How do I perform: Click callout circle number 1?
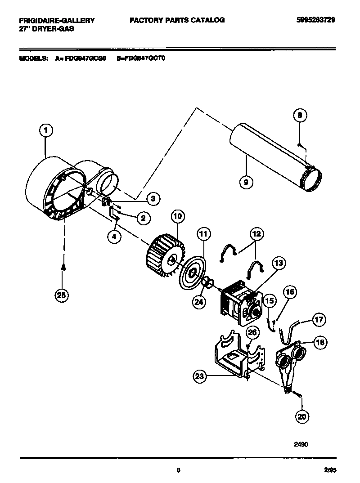45,131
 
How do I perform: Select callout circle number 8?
300,116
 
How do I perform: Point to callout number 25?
61,295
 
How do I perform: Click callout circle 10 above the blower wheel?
177,217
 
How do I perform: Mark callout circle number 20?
302,416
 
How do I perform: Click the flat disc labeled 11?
192,273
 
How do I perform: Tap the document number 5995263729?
315,20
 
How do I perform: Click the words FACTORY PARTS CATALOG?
177,20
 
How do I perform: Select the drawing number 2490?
301,444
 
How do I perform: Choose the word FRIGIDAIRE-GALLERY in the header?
57,20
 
